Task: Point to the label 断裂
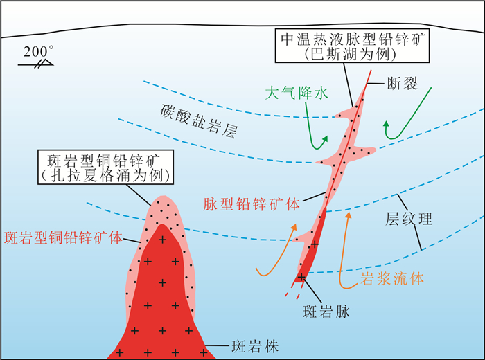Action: (401, 84)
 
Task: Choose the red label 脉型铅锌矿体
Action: (252, 204)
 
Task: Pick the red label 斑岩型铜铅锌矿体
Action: (63, 237)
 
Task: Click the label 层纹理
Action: (409, 219)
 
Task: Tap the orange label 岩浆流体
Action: (392, 279)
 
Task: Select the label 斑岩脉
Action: (328, 312)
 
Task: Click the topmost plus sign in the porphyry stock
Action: (164, 239)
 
